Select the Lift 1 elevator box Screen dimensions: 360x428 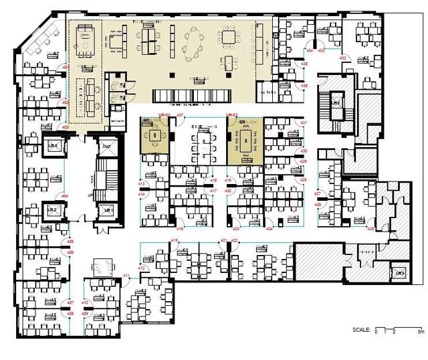107,210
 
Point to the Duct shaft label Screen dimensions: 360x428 107,145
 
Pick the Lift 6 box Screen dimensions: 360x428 400,273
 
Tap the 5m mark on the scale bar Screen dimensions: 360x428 420,332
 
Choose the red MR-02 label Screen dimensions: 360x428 232,115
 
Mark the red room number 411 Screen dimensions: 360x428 126,276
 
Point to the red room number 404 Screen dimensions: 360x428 65,195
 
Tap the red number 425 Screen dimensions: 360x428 370,228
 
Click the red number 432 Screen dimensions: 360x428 342,59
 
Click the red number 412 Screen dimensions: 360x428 142,268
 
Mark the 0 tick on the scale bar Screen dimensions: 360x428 377,332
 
